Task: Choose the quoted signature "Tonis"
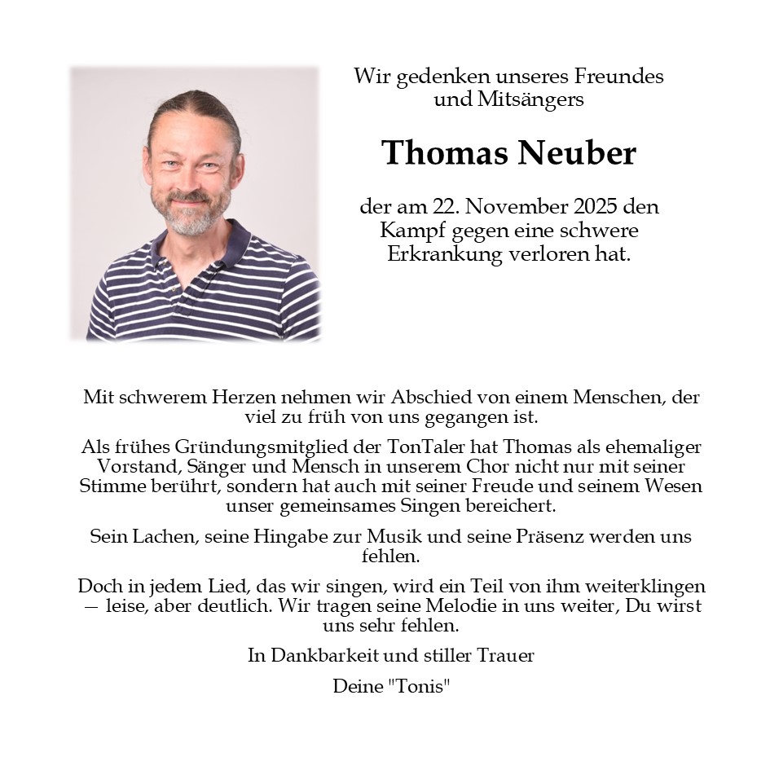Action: tap(420, 686)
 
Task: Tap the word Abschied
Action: tap(436, 398)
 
